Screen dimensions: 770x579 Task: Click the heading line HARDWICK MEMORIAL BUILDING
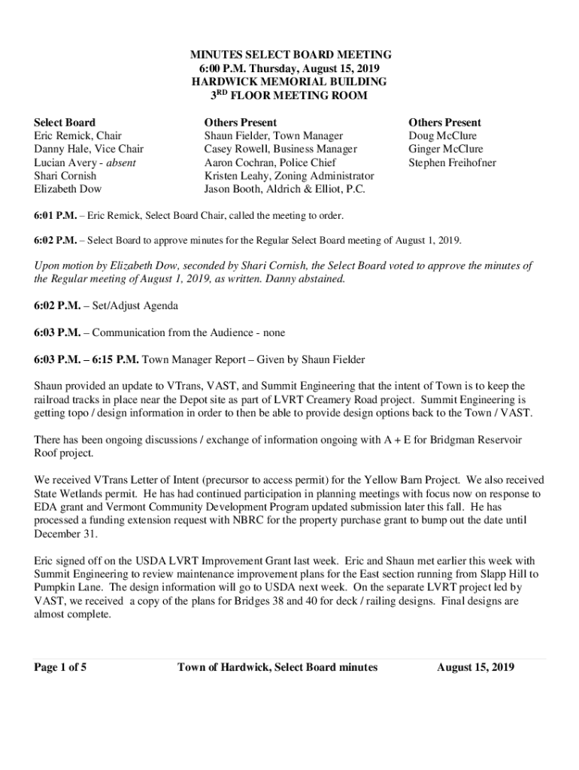289,82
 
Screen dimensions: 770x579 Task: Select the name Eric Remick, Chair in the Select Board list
78,136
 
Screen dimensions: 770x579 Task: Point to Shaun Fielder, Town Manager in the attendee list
274,136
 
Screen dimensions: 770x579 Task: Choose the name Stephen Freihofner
452,162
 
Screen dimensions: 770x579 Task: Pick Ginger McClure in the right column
446,149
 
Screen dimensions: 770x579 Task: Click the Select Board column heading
65,123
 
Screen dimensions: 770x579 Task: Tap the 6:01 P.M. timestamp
55,216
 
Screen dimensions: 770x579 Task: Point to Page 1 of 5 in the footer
60,667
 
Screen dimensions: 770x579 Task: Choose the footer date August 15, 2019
475,667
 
